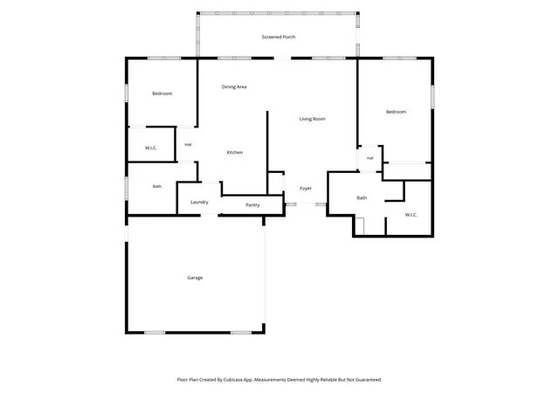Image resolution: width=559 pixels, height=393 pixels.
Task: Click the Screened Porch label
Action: point(279,37)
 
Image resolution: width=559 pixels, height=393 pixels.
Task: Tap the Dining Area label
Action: point(234,87)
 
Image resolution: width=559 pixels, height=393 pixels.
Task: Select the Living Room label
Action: point(313,119)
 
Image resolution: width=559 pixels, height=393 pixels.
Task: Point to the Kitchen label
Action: point(235,153)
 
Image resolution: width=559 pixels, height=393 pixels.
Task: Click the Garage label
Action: point(195,278)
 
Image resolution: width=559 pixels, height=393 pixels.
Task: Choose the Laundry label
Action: point(199,203)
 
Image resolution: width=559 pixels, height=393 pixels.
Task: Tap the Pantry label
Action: point(252,205)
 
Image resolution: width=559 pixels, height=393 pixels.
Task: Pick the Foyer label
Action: point(306,189)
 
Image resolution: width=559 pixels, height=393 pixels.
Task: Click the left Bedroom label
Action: point(162,93)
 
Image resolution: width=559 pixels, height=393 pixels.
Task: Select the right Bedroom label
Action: point(396,112)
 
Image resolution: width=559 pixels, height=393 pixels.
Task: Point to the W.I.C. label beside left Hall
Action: point(151,148)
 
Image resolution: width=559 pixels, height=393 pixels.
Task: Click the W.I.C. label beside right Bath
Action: point(411,215)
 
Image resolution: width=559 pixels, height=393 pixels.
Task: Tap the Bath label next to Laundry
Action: point(157,187)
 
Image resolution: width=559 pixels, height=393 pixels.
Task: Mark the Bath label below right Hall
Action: point(362,198)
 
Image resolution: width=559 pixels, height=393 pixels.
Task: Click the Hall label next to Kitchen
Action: point(188,145)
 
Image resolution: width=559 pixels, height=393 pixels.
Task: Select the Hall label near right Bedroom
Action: point(370,158)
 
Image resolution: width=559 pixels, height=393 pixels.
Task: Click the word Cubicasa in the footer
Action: point(233,380)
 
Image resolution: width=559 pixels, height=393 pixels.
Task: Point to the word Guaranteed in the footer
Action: point(369,380)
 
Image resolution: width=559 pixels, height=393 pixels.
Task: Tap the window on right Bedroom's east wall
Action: point(433,97)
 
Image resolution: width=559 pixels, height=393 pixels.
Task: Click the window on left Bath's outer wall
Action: point(126,188)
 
